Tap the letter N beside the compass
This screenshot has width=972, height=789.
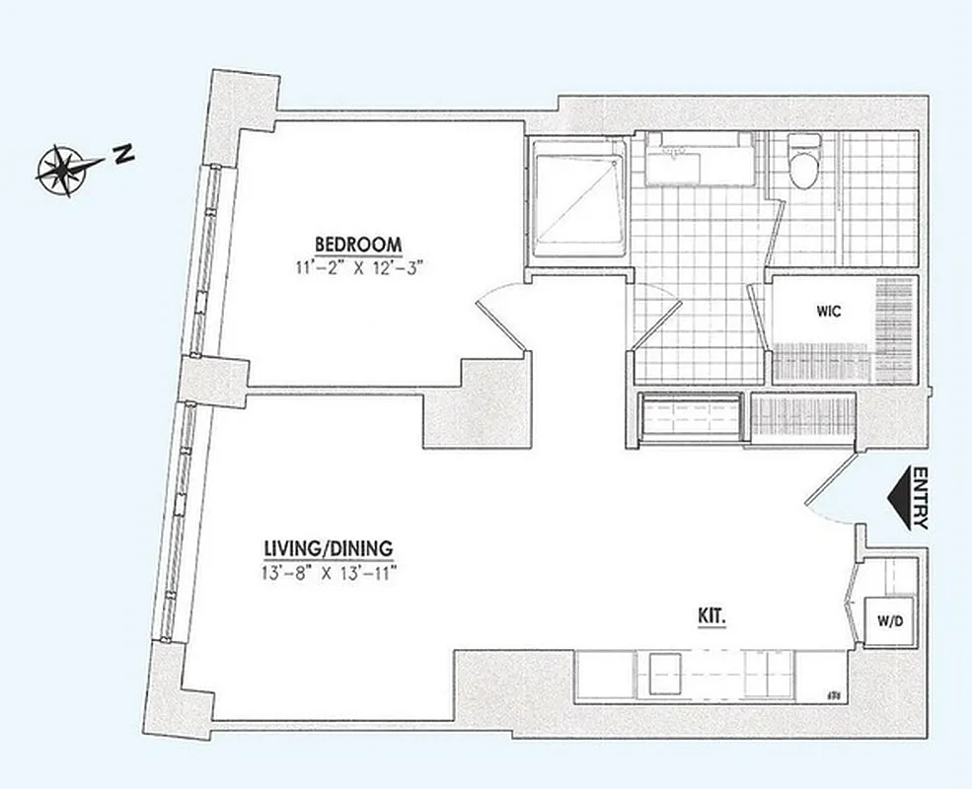click(x=123, y=154)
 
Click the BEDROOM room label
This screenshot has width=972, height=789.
click(x=357, y=244)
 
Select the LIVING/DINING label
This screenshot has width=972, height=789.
click(x=329, y=547)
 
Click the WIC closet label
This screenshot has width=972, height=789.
click(x=829, y=312)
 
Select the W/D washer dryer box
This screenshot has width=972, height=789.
click(x=888, y=621)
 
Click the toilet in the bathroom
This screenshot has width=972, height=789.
click(x=804, y=166)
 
